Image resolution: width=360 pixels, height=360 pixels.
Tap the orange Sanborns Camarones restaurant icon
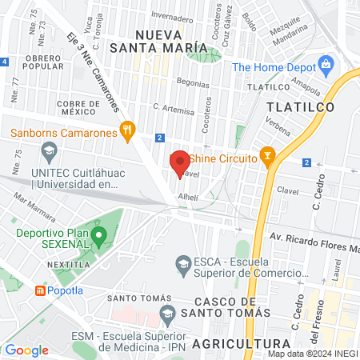click(126, 129)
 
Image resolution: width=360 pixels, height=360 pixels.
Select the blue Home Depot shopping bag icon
click(325, 64)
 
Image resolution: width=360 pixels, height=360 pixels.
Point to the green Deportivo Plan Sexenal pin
click(99, 236)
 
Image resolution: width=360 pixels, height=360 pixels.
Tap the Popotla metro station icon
click(40, 292)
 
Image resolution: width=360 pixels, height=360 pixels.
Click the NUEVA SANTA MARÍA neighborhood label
click(173, 42)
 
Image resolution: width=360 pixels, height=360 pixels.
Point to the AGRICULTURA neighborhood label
click(224, 344)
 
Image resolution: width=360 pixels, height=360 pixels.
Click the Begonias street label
click(193, 83)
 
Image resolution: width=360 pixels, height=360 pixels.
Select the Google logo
click(26, 350)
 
